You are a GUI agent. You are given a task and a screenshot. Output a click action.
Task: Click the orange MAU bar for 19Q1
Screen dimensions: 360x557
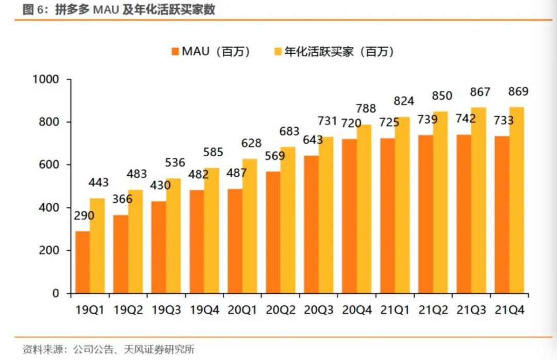click(x=83, y=262)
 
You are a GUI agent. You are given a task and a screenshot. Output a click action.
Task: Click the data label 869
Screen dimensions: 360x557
click(x=518, y=92)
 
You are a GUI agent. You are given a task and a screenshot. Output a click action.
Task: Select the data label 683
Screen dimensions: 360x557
click(x=289, y=132)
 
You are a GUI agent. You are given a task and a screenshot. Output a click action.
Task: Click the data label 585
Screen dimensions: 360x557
click(x=212, y=152)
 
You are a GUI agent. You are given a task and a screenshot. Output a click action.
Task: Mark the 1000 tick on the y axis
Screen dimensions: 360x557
click(x=47, y=79)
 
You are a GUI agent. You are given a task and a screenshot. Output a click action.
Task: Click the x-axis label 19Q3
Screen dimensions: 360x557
click(x=167, y=310)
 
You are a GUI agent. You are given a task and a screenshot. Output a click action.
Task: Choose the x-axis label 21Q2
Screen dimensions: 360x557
click(x=434, y=310)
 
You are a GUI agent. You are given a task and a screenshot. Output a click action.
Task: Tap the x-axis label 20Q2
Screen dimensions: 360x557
click(x=281, y=310)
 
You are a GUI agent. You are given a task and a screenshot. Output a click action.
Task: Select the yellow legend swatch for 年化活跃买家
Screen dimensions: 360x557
click(x=277, y=52)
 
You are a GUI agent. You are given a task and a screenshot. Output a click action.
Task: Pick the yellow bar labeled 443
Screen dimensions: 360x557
click(x=97, y=246)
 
